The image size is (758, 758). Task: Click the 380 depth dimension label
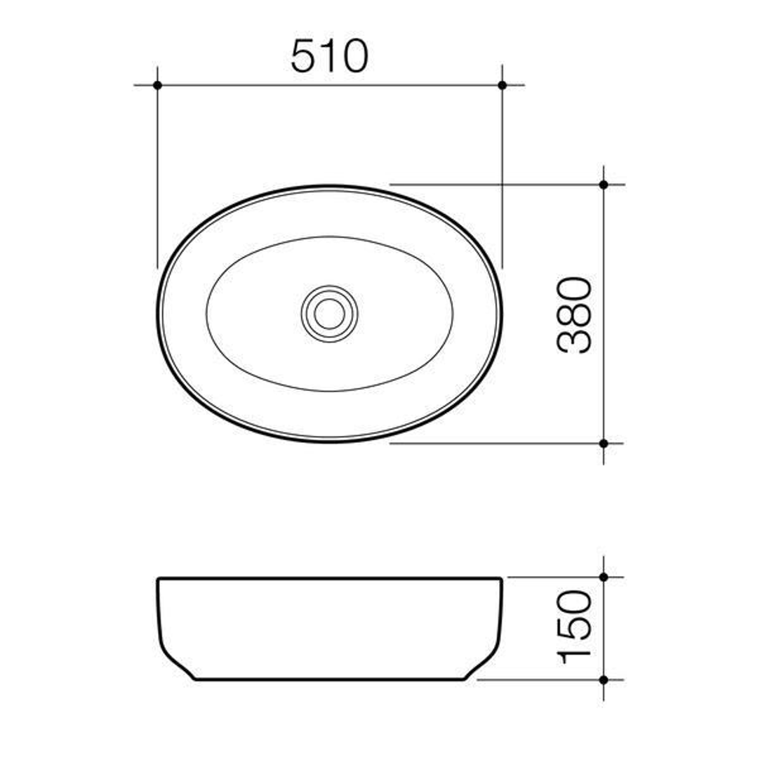(x=575, y=314)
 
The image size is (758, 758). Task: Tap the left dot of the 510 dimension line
(x=157, y=85)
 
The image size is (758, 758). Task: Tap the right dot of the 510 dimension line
(x=502, y=85)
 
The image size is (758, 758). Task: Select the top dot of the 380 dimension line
(x=604, y=185)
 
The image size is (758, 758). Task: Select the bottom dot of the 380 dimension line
(x=604, y=443)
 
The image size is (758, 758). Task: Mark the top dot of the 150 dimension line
(x=604, y=577)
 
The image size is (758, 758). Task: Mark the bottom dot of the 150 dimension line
(x=604, y=679)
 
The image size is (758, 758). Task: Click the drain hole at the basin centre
(x=329, y=314)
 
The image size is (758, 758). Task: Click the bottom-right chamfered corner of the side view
(x=484, y=665)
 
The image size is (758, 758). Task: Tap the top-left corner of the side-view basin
(x=159, y=579)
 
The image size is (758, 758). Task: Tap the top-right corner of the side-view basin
(x=500, y=579)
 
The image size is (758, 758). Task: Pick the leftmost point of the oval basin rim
(x=158, y=313)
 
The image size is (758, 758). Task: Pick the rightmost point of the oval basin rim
(x=501, y=313)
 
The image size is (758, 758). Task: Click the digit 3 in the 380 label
(x=575, y=340)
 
